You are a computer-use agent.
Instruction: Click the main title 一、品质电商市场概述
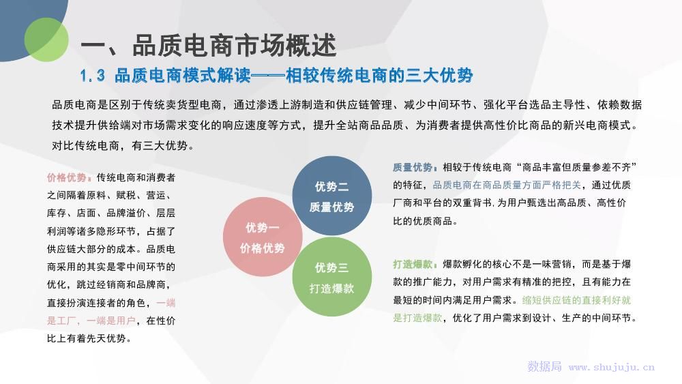208,46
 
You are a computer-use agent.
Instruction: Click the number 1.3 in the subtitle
93,76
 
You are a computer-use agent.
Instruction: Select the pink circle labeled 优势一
263,237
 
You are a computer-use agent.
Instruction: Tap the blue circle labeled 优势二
332,196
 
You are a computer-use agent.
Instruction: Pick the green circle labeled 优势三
332,277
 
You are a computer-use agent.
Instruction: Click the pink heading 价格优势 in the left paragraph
67,177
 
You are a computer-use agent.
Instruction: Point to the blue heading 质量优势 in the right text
413,167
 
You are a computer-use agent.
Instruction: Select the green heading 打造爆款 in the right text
413,265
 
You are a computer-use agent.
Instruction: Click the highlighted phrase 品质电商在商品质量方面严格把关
507,186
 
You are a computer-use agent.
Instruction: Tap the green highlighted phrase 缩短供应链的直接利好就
576,300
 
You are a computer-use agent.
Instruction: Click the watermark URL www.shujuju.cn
612,367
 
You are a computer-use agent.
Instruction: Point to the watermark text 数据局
544,366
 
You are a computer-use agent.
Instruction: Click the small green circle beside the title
46,40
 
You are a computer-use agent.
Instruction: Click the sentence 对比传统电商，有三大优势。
123,146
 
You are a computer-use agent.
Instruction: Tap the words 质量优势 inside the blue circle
332,207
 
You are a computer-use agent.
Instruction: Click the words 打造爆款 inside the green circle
332,289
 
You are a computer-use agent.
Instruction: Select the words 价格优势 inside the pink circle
263,248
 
